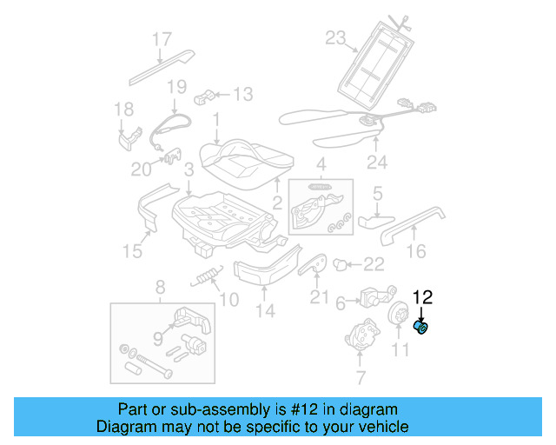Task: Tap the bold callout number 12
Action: (422, 298)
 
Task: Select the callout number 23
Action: (336, 37)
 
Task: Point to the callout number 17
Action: (162, 39)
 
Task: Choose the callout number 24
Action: (376, 161)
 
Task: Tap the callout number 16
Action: (416, 251)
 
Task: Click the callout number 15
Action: (131, 252)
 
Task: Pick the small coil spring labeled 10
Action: (206, 277)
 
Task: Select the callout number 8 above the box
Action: (160, 288)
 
